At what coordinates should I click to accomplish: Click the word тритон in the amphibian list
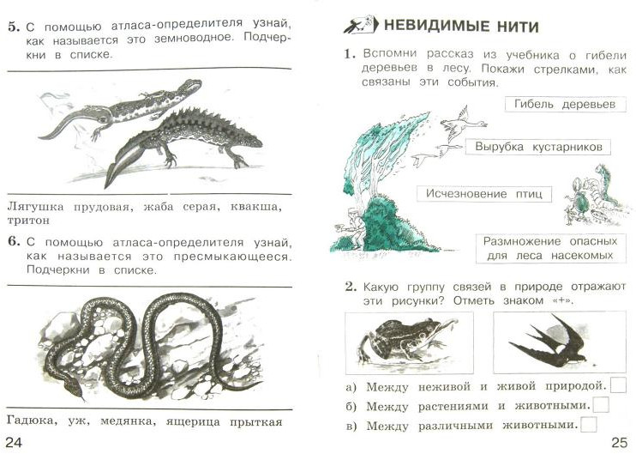28,221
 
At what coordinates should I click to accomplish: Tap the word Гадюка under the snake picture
30,421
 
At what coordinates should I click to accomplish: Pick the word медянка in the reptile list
127,421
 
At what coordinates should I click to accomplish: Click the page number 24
15,442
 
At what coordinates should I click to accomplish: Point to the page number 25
620,442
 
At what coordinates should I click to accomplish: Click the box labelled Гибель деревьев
565,105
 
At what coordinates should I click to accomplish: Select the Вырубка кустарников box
537,147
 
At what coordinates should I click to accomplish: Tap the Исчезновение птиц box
484,194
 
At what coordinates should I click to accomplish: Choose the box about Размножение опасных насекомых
550,249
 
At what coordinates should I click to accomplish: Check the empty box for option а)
618,385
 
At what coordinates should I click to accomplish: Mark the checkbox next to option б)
601,405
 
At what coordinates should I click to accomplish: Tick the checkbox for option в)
589,424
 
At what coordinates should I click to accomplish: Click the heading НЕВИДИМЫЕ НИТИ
461,27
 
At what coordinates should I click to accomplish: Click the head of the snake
74,387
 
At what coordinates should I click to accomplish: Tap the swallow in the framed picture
549,341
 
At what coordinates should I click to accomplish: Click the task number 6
14,242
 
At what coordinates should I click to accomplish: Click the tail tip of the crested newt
106,186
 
